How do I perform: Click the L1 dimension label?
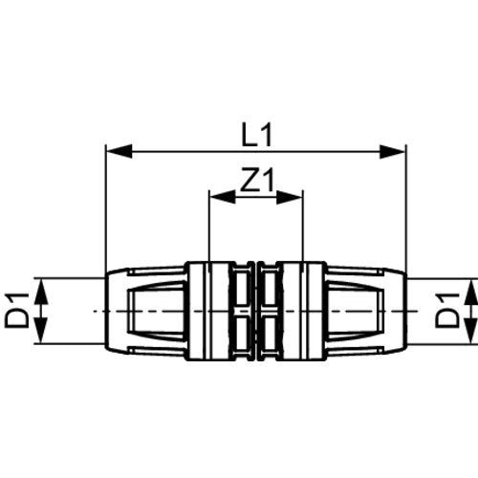coord(257,135)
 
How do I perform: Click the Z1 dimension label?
coord(257,181)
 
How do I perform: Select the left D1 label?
coord(16,311)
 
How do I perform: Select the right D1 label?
coord(447,311)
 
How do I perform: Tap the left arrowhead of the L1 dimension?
coord(119,151)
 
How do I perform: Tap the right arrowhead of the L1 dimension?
coord(393,151)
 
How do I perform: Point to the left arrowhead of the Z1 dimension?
coord(223,197)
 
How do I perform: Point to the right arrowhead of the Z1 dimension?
coord(290,197)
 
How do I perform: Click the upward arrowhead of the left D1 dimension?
coord(40,291)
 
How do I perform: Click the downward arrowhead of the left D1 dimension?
coord(40,331)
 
